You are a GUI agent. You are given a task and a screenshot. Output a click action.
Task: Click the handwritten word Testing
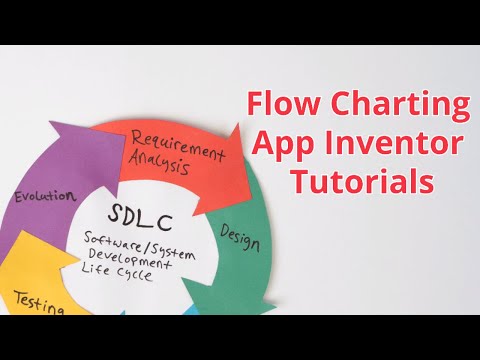(39, 302)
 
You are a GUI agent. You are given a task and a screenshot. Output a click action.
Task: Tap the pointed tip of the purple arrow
(70, 124)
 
